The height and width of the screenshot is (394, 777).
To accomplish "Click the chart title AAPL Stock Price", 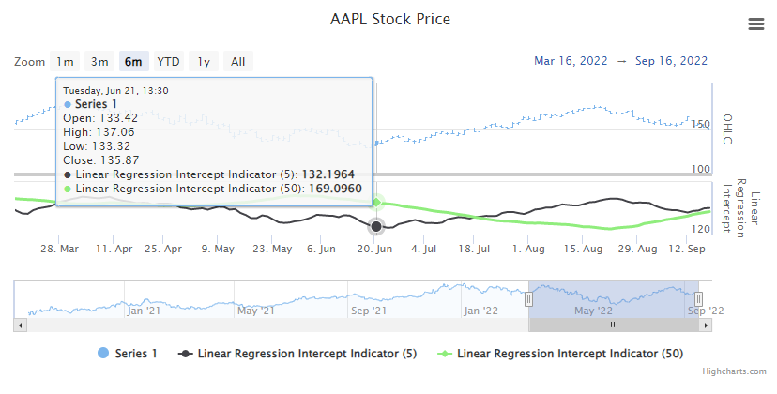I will click(388, 20).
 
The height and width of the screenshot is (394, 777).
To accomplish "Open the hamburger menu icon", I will click(755, 24).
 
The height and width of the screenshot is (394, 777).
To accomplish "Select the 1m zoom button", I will click(65, 62).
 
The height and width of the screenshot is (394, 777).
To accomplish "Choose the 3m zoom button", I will click(99, 62).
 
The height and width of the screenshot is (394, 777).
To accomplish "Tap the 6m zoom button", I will click(133, 62).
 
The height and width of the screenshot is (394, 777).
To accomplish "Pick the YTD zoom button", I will click(169, 62).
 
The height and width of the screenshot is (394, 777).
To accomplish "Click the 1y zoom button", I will click(204, 62).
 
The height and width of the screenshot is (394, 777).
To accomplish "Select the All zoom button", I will click(238, 62).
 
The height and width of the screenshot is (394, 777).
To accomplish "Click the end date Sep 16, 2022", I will click(671, 61).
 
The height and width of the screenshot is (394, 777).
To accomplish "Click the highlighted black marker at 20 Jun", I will click(376, 226).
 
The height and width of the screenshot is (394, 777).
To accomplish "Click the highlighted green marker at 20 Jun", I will click(376, 202).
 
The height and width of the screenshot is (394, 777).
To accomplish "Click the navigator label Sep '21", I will click(368, 311).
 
